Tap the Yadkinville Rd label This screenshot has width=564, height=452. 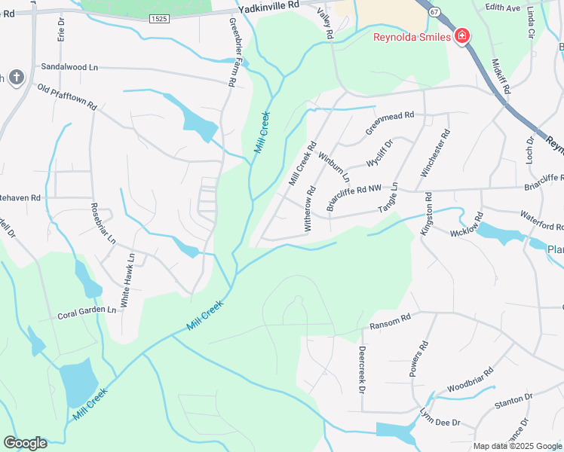coord(268,6)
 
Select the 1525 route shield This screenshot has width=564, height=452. coord(158,18)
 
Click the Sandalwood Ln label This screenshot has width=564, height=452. coord(69,67)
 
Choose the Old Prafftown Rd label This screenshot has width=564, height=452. coord(67,97)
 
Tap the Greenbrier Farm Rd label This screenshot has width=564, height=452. coord(231,52)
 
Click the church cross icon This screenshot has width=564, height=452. coord(17,77)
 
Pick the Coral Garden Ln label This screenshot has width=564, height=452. coord(87,312)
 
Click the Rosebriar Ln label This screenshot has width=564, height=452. coord(103,224)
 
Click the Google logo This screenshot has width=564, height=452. coord(25,443)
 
